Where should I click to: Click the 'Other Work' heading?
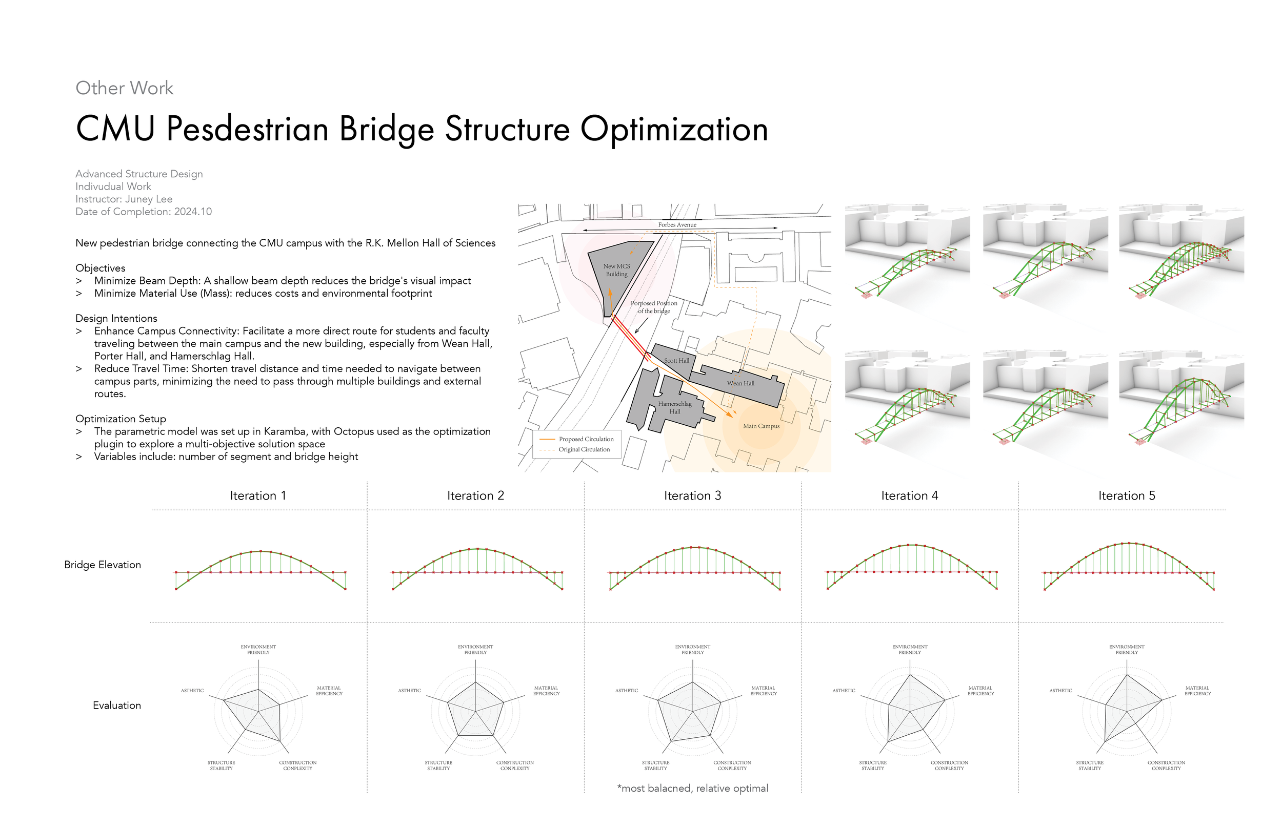tap(124, 88)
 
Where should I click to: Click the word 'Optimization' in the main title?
tap(674, 130)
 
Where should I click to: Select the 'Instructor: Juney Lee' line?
tap(124, 199)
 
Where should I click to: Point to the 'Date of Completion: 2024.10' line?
tap(143, 212)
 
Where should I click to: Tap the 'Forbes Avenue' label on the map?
tap(676, 225)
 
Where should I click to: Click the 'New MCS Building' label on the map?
tap(616, 270)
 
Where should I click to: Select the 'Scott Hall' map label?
tap(676, 361)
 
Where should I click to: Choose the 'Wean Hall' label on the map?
tap(740, 383)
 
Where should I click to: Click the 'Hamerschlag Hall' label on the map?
tap(674, 407)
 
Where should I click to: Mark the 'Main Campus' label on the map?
tap(760, 426)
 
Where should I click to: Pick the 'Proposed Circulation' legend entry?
tap(586, 439)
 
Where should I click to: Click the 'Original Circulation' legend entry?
tap(584, 449)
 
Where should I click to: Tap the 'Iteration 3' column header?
tap(692, 496)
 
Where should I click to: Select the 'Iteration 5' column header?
tap(1126, 496)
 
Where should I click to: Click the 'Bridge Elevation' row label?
tap(103, 565)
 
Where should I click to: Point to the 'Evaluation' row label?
tap(116, 706)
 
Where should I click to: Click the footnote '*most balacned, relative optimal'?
tap(692, 789)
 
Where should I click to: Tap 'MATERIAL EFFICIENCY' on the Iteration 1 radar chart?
tap(329, 691)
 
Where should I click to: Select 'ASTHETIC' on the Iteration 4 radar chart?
tap(843, 691)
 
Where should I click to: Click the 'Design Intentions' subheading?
tap(116, 319)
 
